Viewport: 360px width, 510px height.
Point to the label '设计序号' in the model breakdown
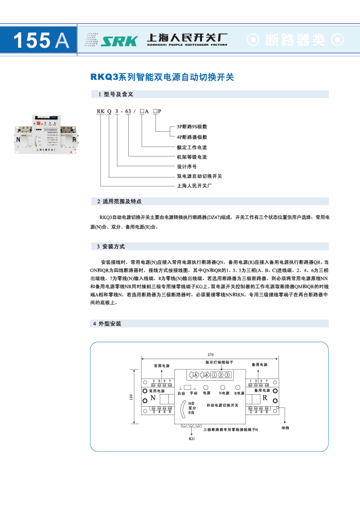(x=187, y=167)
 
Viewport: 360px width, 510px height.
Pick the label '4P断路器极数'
(x=192, y=137)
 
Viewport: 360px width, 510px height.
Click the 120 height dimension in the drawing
(x=131, y=398)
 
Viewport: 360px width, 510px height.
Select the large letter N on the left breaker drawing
(x=152, y=398)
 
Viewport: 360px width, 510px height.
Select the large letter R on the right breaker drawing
(x=265, y=398)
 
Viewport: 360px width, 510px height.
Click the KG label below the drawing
(x=192, y=439)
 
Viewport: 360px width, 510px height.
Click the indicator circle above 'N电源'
(x=223, y=387)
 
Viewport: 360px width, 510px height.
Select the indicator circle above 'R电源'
(x=238, y=387)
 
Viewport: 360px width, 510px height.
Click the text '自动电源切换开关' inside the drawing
(x=223, y=405)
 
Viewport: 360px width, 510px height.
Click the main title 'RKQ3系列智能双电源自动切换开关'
(x=162, y=77)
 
